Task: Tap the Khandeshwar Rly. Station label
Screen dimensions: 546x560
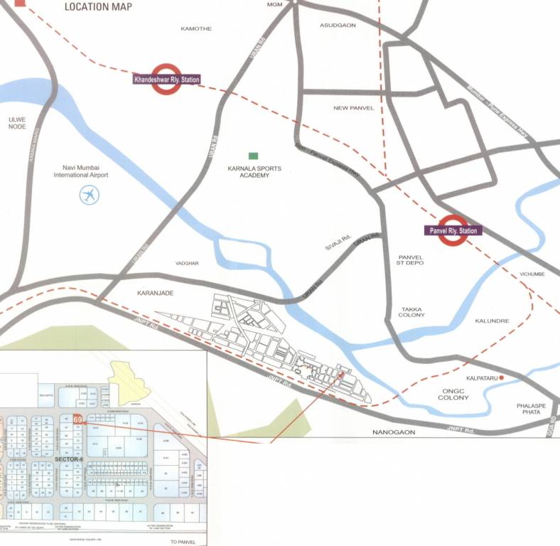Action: [166, 80]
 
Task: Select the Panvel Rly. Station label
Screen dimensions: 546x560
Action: [453, 230]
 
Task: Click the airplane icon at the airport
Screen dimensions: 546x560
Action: [90, 195]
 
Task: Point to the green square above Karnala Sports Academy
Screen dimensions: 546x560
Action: [252, 156]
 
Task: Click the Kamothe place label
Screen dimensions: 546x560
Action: [197, 28]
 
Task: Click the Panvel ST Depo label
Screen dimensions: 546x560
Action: [411, 260]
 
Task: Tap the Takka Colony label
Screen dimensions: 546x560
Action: [413, 311]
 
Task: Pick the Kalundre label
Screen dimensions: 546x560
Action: [492, 321]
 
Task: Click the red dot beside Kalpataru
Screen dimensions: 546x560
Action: [501, 378]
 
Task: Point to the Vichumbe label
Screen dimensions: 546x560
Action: [532, 274]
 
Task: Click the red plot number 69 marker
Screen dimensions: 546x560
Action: [77, 419]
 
